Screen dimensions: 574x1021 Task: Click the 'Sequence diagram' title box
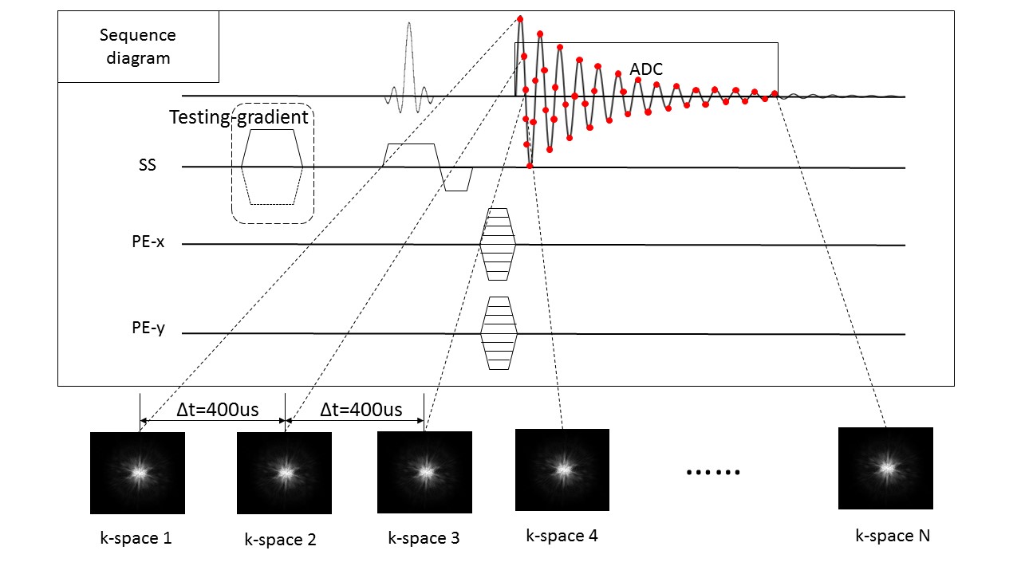138,47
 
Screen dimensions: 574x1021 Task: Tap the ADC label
646,69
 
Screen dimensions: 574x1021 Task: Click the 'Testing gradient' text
238,118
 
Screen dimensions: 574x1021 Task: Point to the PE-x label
148,242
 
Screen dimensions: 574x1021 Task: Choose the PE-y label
148,328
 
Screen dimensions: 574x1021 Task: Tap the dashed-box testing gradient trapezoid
273,167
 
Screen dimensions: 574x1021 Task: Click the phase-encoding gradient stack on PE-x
498,244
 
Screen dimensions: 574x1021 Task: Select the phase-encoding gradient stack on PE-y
499,332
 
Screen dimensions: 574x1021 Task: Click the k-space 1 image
137,473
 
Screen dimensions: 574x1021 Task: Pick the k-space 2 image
285,473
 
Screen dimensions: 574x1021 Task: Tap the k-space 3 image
424,472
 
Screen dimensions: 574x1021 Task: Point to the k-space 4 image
562,470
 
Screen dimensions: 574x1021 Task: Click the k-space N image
885,468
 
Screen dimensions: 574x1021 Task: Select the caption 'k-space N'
893,536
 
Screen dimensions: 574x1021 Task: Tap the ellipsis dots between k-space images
713,472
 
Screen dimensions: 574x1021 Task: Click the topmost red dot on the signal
520,19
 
